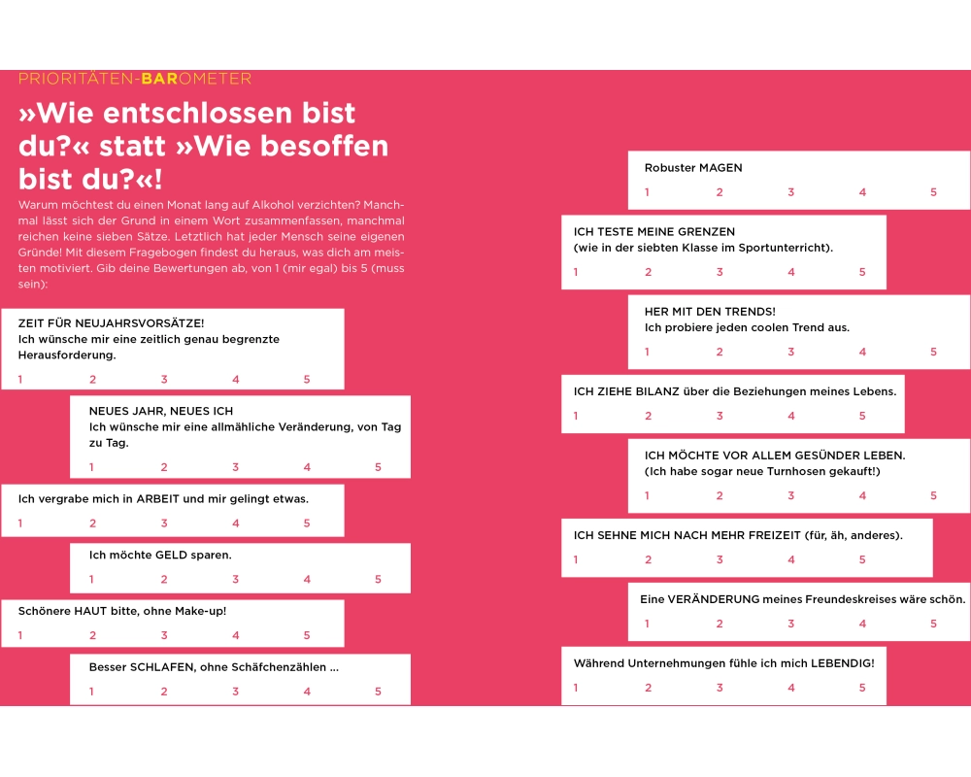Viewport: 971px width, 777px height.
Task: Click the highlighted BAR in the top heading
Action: pos(160,79)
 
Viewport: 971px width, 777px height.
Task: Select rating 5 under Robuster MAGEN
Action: pos(934,192)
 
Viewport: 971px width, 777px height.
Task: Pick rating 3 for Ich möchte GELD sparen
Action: pos(235,580)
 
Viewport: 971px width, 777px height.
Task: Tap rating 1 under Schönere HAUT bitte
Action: pos(20,635)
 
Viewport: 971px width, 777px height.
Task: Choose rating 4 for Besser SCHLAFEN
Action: pos(307,692)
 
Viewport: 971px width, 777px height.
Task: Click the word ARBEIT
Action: pos(157,499)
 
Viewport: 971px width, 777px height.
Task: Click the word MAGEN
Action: pos(720,168)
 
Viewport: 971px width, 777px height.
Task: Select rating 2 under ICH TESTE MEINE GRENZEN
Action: pos(649,272)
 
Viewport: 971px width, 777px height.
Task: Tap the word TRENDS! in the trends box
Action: pos(749,312)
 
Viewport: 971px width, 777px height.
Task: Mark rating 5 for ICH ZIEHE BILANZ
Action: pos(862,416)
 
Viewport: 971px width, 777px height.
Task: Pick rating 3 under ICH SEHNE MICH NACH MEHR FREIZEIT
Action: pos(720,559)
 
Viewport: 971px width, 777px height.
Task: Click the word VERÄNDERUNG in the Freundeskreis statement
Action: pos(712,599)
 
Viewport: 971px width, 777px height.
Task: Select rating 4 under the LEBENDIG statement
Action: pos(791,688)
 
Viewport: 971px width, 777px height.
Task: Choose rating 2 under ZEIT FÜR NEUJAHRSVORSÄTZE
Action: pos(93,380)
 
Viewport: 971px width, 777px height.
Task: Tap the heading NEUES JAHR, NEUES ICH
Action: pos(161,412)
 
